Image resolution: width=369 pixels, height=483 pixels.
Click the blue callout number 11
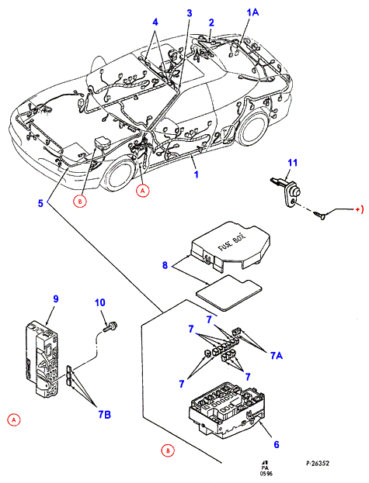click(x=292, y=162)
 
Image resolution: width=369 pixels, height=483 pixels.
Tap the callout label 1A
click(x=252, y=12)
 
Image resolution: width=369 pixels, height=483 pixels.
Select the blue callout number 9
click(x=56, y=298)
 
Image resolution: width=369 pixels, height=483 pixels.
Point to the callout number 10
click(x=100, y=302)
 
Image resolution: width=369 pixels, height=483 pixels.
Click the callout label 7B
click(x=104, y=415)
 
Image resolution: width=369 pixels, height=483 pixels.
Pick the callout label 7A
click(x=277, y=356)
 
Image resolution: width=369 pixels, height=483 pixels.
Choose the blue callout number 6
click(x=277, y=444)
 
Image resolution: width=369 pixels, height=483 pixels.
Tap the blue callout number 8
click(x=165, y=265)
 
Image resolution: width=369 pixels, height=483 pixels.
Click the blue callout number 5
click(x=40, y=203)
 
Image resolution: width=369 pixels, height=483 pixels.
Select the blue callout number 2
click(x=211, y=22)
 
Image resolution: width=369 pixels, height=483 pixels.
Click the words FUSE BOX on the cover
click(x=232, y=243)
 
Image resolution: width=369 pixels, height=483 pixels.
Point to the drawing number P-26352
click(x=318, y=464)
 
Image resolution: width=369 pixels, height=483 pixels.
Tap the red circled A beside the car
click(x=142, y=191)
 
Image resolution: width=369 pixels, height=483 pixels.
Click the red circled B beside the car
click(x=80, y=202)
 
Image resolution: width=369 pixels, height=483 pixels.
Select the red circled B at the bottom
click(x=168, y=451)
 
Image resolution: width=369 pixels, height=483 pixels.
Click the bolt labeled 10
click(x=110, y=326)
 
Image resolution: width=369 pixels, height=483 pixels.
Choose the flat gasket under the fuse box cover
click(x=229, y=292)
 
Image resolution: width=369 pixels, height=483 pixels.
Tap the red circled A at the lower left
click(x=13, y=420)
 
